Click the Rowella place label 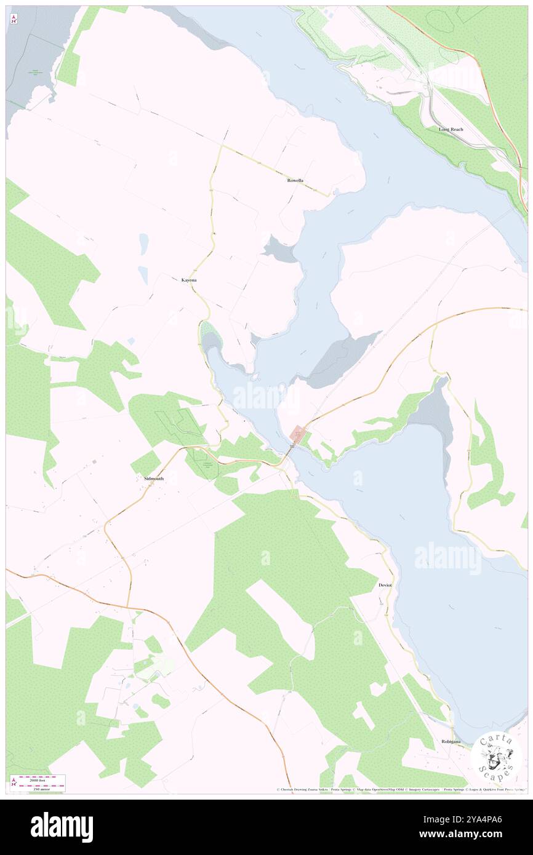point(295,181)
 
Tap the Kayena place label point(189,280)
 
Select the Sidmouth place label point(153,478)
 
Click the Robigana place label point(451,741)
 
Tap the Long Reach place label point(451,130)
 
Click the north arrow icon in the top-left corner point(14,19)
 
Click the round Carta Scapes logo point(496,756)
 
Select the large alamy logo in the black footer point(62,826)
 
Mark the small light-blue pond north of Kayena point(143,244)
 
